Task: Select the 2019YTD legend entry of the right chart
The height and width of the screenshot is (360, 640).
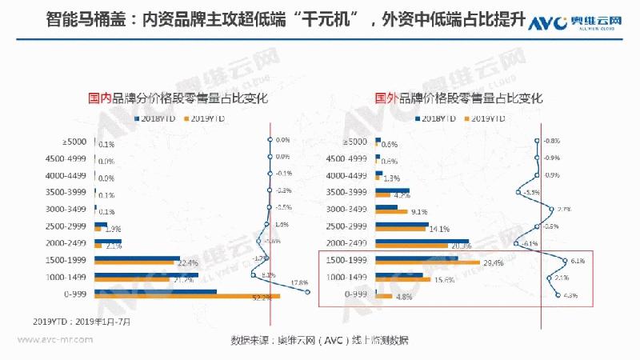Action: click(484, 118)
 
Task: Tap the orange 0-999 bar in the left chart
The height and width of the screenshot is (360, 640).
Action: click(187, 298)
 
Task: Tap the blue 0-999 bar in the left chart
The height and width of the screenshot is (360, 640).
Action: click(155, 292)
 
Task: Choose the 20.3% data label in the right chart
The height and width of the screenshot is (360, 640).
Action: click(462, 246)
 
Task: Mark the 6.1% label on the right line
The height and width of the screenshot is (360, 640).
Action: click(578, 260)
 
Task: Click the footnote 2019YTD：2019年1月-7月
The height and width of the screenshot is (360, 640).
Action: click(82, 321)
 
